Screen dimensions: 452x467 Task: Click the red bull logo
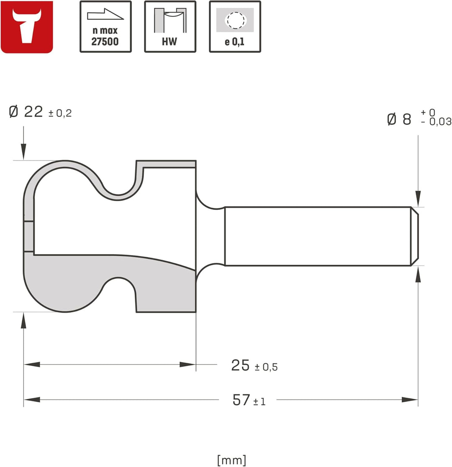pos(27,27)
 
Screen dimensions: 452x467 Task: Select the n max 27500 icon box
pos(105,27)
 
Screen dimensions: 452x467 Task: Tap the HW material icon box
pos(170,27)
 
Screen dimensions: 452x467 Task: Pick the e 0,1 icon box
pos(235,27)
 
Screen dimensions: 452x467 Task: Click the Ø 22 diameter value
pos(26,112)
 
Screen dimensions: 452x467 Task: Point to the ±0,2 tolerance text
pos(60,113)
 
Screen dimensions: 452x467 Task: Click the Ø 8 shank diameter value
pos(399,119)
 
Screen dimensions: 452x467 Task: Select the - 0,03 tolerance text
pos(436,122)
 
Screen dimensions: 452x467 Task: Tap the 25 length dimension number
pos(240,365)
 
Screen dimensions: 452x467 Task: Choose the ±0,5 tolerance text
pos(266,367)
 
